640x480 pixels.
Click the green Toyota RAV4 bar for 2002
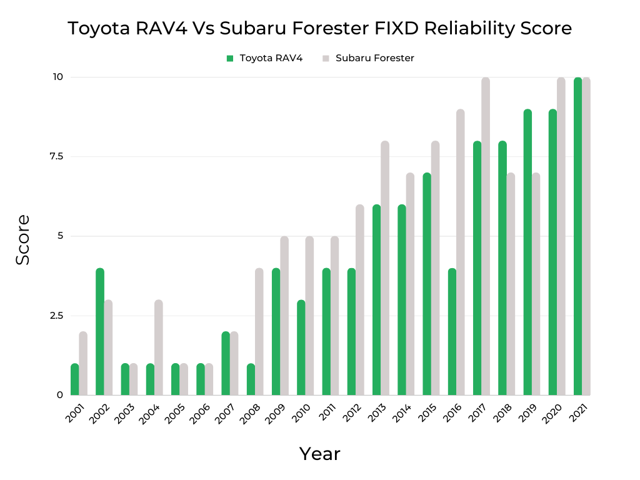(x=100, y=332)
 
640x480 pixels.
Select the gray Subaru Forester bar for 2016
(x=460, y=252)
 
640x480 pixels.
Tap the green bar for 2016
(x=452, y=332)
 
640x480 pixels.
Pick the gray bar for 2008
(x=259, y=332)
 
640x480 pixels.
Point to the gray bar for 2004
(x=159, y=347)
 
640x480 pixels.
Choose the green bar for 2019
(x=527, y=252)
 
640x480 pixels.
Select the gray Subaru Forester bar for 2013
(x=385, y=268)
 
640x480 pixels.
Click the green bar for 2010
(x=301, y=347)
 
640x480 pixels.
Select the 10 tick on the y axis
(x=58, y=77)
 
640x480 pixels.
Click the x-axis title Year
(x=319, y=454)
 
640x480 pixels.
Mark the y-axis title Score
(x=23, y=239)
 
